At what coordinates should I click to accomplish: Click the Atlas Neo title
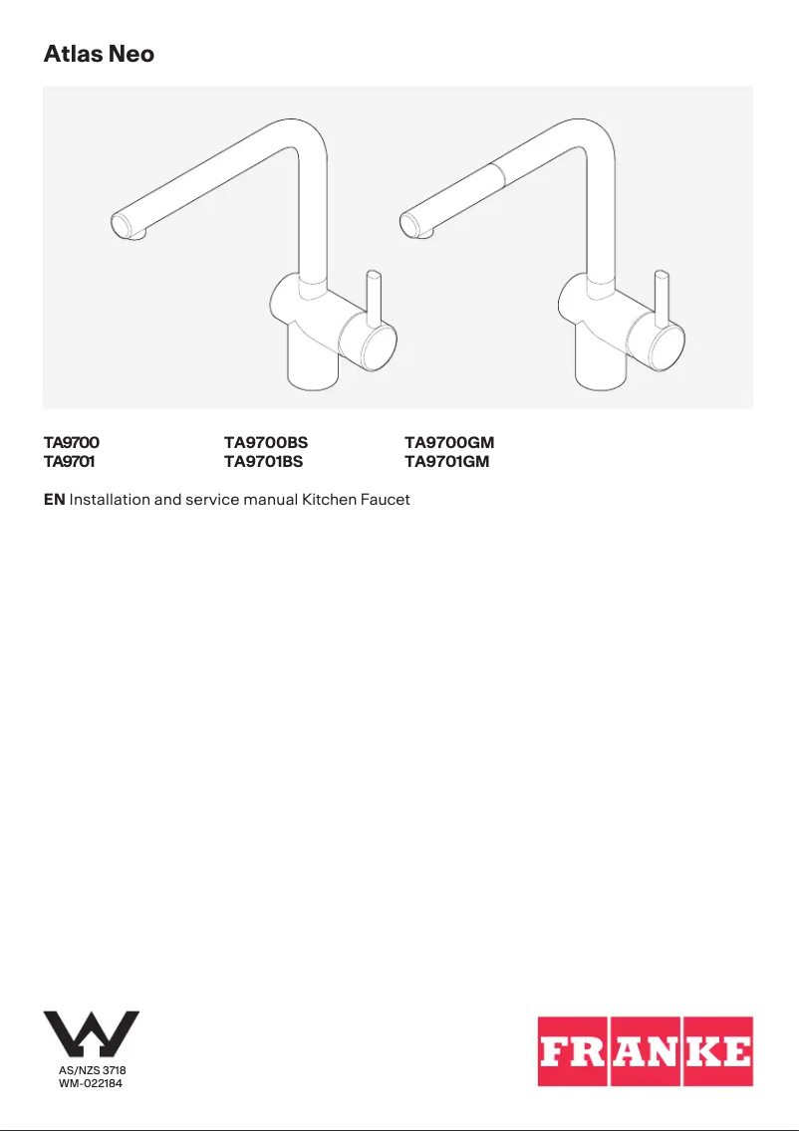click(99, 54)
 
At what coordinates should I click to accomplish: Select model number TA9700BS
click(266, 442)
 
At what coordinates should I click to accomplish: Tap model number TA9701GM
click(446, 462)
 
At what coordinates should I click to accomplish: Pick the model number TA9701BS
click(263, 462)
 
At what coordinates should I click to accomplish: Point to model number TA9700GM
click(449, 442)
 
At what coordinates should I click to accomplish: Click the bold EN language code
click(54, 499)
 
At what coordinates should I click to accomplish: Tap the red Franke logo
click(646, 1051)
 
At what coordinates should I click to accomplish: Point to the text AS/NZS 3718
click(93, 1070)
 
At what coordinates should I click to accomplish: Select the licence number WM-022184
click(91, 1083)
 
